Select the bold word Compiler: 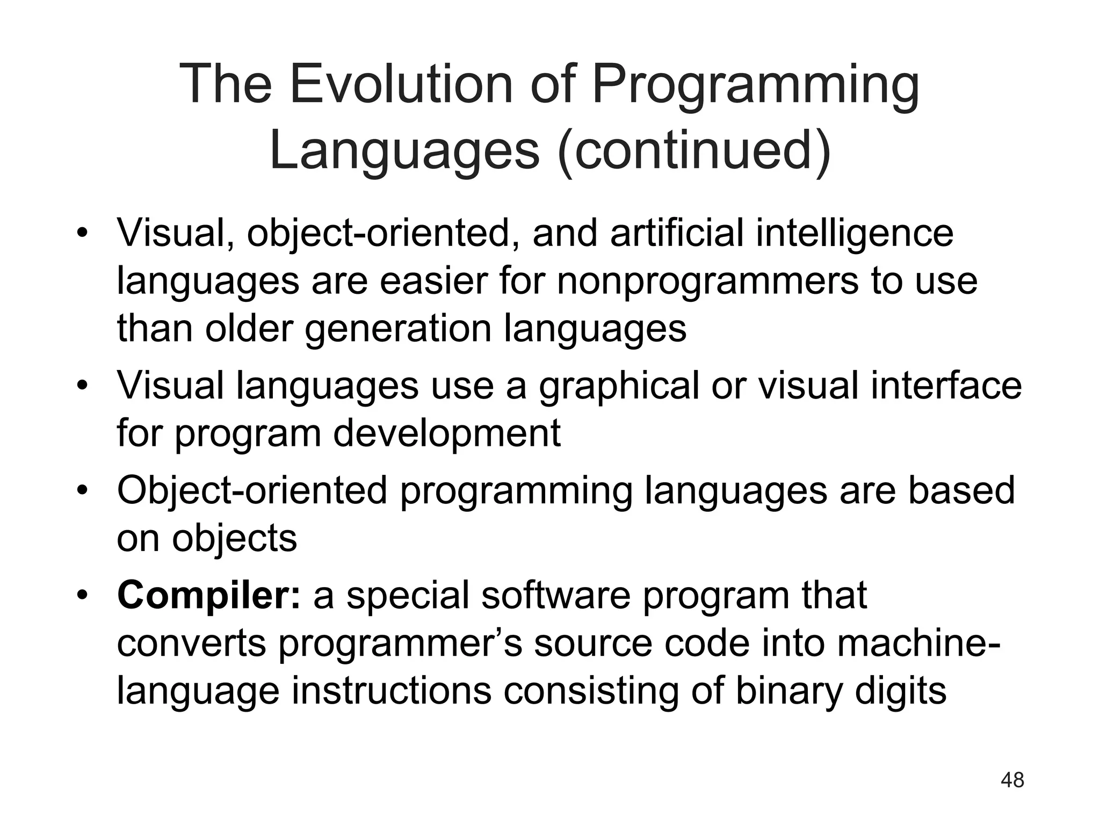coord(209,596)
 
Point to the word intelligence coord(855,233)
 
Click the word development coord(447,433)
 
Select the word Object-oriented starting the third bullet coord(252,490)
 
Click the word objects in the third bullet coord(234,538)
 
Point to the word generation coord(398,328)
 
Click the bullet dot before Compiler coord(82,596)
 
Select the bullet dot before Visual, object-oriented coord(82,234)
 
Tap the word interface coord(946,386)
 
